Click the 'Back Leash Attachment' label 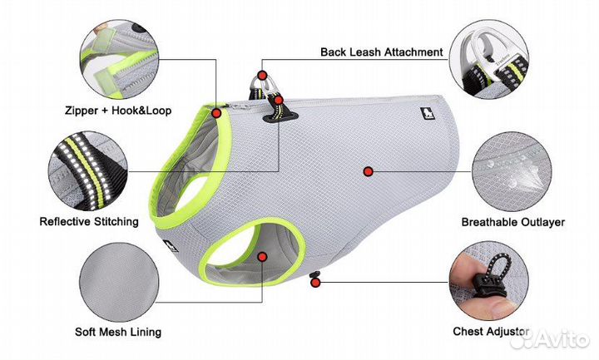(x=381, y=52)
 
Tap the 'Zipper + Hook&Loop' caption (x=118, y=111)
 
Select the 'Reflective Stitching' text (x=89, y=221)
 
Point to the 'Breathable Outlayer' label (x=513, y=222)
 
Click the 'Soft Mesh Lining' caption (x=118, y=332)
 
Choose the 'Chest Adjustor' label (x=491, y=332)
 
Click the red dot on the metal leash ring (x=262, y=75)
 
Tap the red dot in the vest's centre (x=368, y=171)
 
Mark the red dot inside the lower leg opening (x=262, y=257)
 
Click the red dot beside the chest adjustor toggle (x=315, y=283)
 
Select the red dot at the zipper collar (x=216, y=113)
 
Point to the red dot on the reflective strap (x=279, y=101)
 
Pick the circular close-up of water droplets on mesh (x=512, y=172)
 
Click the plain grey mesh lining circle (x=119, y=282)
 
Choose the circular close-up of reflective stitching (x=88, y=171)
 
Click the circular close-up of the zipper (x=119, y=60)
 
